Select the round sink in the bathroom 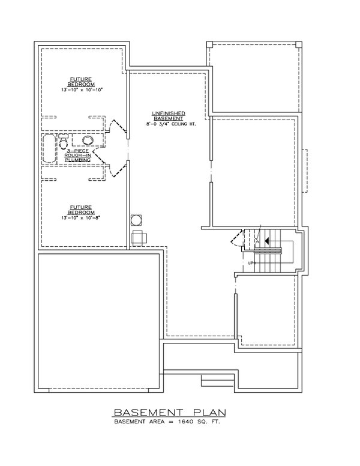point(88,141)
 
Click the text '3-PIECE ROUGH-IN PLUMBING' point(78,156)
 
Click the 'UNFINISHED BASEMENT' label point(168,116)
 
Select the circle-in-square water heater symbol point(136,219)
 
